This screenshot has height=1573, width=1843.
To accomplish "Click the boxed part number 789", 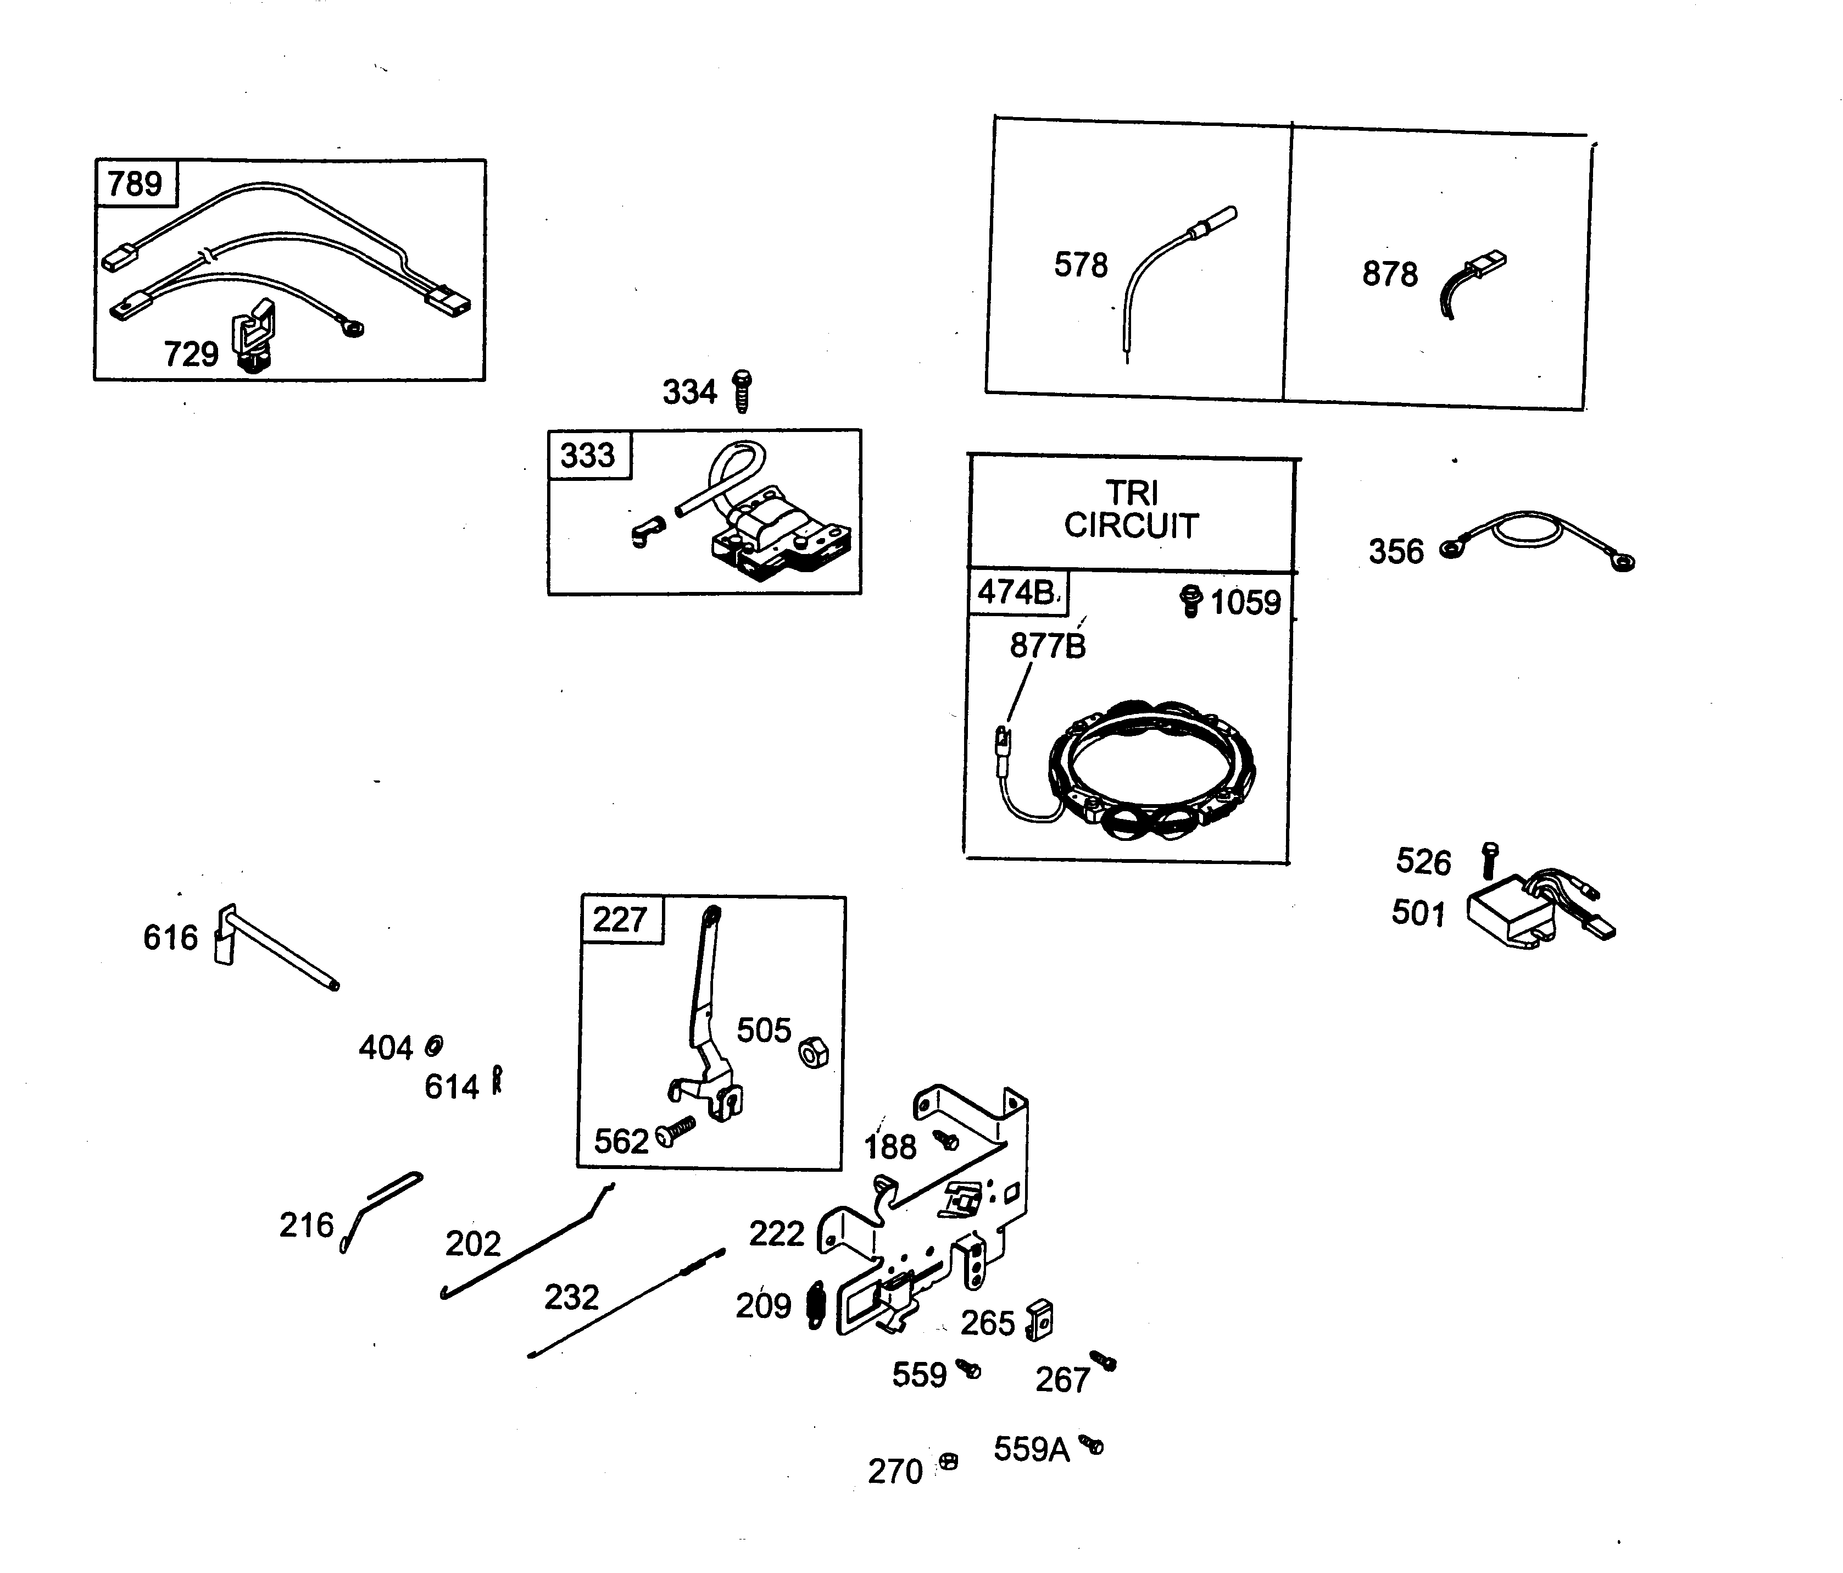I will tap(135, 183).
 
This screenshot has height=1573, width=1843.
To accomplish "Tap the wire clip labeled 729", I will tap(253, 334).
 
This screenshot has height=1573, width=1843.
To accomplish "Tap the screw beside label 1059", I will tap(1190, 601).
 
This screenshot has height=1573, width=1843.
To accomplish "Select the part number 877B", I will tap(1047, 646).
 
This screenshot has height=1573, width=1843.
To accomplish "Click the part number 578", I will tap(1081, 265).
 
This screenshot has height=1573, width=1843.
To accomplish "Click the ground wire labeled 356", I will tap(1539, 538).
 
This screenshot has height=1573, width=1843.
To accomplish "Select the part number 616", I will tap(170, 938).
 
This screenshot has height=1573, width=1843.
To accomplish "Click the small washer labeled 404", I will tap(434, 1045).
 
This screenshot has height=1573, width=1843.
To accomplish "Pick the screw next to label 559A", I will tap(1092, 1444).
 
